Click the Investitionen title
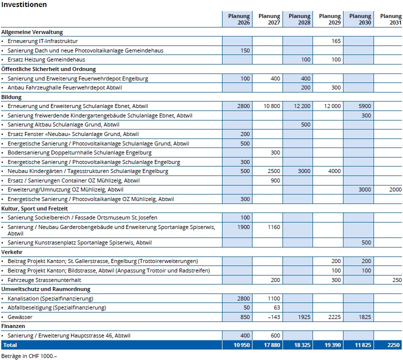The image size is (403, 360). click(x=24, y=4)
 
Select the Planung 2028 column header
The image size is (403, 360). click(x=299, y=19)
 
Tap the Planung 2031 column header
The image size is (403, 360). click(x=390, y=19)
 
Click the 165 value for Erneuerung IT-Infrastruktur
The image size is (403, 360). click(x=336, y=41)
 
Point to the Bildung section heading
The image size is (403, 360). click(x=11, y=97)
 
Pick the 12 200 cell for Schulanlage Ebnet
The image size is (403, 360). click(x=302, y=106)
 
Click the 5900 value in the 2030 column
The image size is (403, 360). click(x=364, y=106)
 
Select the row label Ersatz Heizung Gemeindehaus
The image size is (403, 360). click(x=46, y=59)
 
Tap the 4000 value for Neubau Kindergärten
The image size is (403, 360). click(x=334, y=171)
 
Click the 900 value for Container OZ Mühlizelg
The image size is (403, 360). click(x=275, y=180)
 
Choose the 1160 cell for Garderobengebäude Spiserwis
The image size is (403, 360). click(x=273, y=227)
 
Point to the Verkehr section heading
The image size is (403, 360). click(x=12, y=252)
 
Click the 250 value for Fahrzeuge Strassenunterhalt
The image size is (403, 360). click(x=397, y=280)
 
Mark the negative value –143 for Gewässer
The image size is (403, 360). click(x=273, y=317)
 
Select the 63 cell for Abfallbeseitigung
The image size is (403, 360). click(x=277, y=307)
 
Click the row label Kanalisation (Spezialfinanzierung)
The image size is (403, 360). click(x=50, y=298)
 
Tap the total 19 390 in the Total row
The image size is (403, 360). click(x=332, y=345)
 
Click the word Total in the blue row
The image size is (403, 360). click(x=10, y=345)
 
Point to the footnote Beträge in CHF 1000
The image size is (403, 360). click(x=29, y=356)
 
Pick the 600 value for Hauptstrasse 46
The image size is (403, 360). click(x=275, y=335)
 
